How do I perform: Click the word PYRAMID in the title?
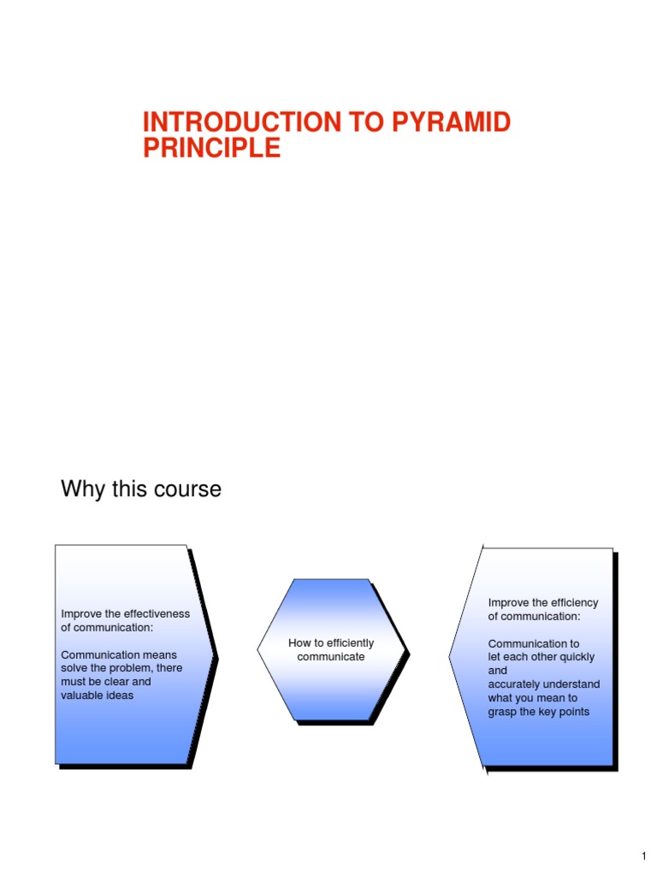click(x=452, y=122)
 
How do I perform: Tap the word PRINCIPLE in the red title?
click(x=211, y=148)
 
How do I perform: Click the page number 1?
click(x=643, y=856)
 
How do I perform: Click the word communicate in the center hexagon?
click(x=331, y=656)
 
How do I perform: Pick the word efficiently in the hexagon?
click(x=349, y=642)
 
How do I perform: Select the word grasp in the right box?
click(x=503, y=712)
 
